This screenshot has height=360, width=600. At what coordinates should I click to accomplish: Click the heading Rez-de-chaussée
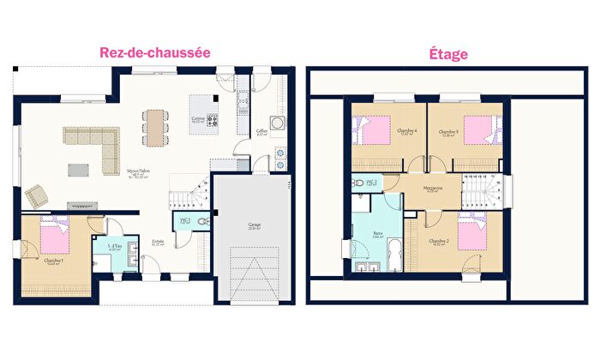(x=155, y=52)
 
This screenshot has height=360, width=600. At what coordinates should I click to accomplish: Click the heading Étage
(x=447, y=53)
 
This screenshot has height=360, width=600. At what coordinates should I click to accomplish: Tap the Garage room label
(x=255, y=227)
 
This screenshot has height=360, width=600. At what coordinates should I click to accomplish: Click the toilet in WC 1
(x=200, y=220)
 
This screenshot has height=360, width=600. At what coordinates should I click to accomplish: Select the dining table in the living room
(x=155, y=126)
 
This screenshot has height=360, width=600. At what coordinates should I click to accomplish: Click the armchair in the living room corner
(x=38, y=195)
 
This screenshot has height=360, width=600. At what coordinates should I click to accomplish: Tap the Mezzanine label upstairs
(x=433, y=189)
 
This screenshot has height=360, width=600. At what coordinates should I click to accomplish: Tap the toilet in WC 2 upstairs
(x=357, y=183)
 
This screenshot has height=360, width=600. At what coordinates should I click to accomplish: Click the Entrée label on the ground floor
(x=158, y=243)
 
